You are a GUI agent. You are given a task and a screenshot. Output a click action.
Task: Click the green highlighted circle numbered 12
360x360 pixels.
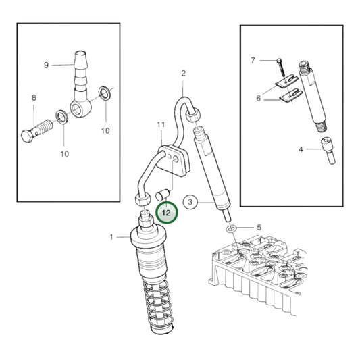(x=166, y=213)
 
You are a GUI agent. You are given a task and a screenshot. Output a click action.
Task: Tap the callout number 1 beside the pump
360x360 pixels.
(x=113, y=236)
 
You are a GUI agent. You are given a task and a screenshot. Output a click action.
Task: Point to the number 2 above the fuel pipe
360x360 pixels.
(x=183, y=73)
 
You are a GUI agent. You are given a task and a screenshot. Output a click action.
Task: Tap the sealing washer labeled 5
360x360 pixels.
(x=232, y=230)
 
